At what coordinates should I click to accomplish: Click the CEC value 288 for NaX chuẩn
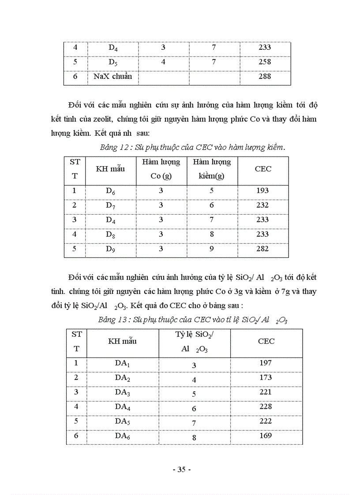(264, 76)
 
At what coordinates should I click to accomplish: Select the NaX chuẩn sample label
(112, 76)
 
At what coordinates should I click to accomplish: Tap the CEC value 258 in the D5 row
(264, 62)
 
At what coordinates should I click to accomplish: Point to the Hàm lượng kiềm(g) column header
(212, 169)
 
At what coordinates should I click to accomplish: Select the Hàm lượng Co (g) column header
(161, 169)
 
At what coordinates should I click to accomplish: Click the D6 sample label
(111, 191)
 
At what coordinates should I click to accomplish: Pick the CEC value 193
(262, 190)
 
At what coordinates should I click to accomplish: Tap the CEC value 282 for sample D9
(262, 249)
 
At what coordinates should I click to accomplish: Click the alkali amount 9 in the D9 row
(212, 249)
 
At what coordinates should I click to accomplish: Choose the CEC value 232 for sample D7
(262, 205)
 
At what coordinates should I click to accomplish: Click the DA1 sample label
(122, 364)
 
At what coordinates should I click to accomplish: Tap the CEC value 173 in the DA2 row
(266, 377)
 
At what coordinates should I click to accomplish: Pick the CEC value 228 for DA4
(266, 406)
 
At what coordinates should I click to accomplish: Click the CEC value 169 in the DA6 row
(266, 435)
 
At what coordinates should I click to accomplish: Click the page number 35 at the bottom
(181, 470)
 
